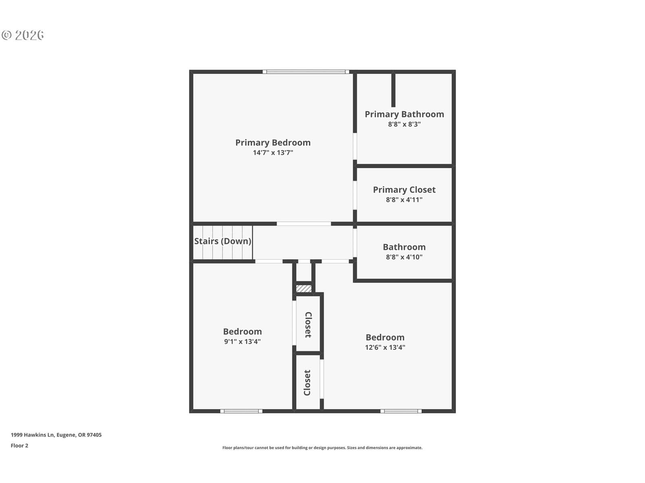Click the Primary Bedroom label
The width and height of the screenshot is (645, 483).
pyautogui.click(x=273, y=143)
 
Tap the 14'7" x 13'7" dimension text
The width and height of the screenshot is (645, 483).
pyautogui.click(x=273, y=153)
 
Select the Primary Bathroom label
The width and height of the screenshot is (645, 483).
pyautogui.click(x=404, y=114)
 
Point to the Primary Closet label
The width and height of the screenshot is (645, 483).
pyautogui.click(x=404, y=190)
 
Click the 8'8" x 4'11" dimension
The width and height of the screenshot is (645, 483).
pyautogui.click(x=404, y=200)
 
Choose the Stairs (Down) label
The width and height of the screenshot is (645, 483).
pyautogui.click(x=223, y=241)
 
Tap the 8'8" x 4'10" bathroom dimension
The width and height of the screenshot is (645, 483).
pyautogui.click(x=404, y=257)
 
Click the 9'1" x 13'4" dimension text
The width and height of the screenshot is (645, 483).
pyautogui.click(x=242, y=341)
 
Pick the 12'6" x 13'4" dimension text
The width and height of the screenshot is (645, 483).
pyautogui.click(x=385, y=347)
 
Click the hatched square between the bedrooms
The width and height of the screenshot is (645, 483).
pyautogui.click(x=304, y=289)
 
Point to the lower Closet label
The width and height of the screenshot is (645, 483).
pyautogui.click(x=307, y=382)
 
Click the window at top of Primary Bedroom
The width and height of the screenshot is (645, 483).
pyautogui.click(x=306, y=72)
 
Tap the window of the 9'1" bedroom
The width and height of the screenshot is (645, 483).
pyautogui.click(x=241, y=411)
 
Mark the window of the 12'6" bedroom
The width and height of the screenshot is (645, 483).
pyautogui.click(x=401, y=411)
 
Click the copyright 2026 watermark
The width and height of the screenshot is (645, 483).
pyautogui.click(x=23, y=35)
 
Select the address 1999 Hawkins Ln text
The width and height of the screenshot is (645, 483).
pyautogui.click(x=56, y=435)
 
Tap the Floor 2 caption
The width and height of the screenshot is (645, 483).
pyautogui.click(x=19, y=446)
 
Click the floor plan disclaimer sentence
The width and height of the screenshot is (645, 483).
pyautogui.click(x=322, y=448)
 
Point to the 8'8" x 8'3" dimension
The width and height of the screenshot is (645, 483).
pyautogui.click(x=404, y=124)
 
